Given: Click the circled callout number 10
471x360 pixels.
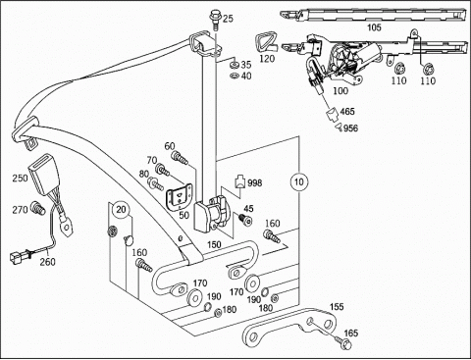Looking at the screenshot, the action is tap(299, 181).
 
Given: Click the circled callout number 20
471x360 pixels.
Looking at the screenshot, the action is tap(121, 210).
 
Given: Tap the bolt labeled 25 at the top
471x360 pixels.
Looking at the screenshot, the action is tap(215, 20).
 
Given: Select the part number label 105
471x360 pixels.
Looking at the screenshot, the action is tap(374, 27).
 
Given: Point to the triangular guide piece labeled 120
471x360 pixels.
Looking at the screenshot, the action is tap(264, 42).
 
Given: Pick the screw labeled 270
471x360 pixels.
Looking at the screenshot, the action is tap(37, 208).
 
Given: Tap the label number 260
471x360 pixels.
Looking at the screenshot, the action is tap(48, 262).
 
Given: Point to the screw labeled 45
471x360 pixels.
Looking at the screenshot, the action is tap(245, 220).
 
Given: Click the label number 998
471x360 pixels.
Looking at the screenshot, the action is tap(255, 182).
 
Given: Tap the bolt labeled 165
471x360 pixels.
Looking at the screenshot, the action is tap(342, 341).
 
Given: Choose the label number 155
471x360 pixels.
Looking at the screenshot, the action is tap(337, 307).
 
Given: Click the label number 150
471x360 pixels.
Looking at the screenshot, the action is tap(214, 244).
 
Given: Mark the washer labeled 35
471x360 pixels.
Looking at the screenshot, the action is tap(235, 64).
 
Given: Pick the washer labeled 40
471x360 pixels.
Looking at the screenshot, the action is tap(235, 77).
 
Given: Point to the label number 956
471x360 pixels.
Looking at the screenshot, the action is tap(350, 129).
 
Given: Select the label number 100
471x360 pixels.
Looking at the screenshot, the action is tap(340, 91).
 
